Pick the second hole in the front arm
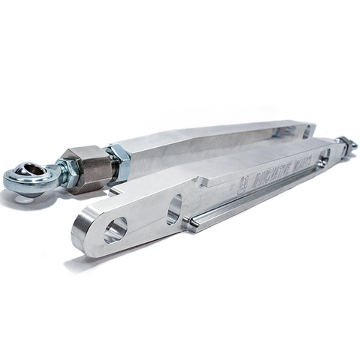[174, 209]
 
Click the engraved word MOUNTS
[298, 166]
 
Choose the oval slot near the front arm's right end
[324, 157]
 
